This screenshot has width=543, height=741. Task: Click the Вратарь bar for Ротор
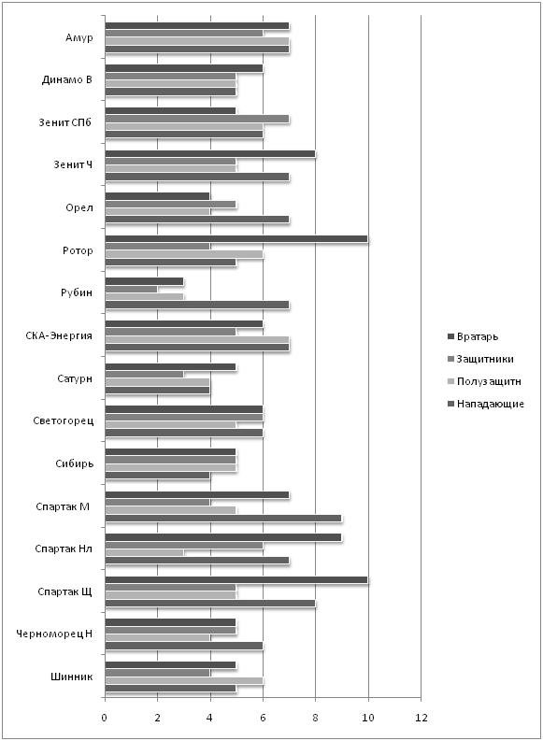tap(236, 239)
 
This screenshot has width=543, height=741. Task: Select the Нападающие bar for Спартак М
tap(223, 518)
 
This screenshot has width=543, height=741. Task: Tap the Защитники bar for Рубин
tap(131, 290)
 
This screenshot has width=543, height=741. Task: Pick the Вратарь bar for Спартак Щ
tap(236, 580)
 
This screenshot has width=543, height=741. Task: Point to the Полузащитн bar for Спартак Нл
tap(144, 553)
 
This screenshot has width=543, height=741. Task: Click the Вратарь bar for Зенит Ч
tap(210, 153)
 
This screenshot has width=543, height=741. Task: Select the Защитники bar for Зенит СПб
tap(196, 119)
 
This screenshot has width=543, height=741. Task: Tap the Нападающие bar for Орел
tap(196, 220)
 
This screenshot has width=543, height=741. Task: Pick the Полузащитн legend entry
tap(484, 381)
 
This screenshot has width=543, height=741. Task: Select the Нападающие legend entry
tap(486, 404)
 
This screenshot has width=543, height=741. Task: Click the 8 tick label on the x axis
tap(315, 718)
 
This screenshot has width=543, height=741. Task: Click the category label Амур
tap(79, 37)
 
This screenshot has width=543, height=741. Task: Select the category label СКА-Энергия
tap(59, 336)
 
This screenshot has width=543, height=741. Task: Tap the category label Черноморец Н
tap(54, 634)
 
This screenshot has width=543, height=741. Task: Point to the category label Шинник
tap(71, 677)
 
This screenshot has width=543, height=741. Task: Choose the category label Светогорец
tap(64, 421)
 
